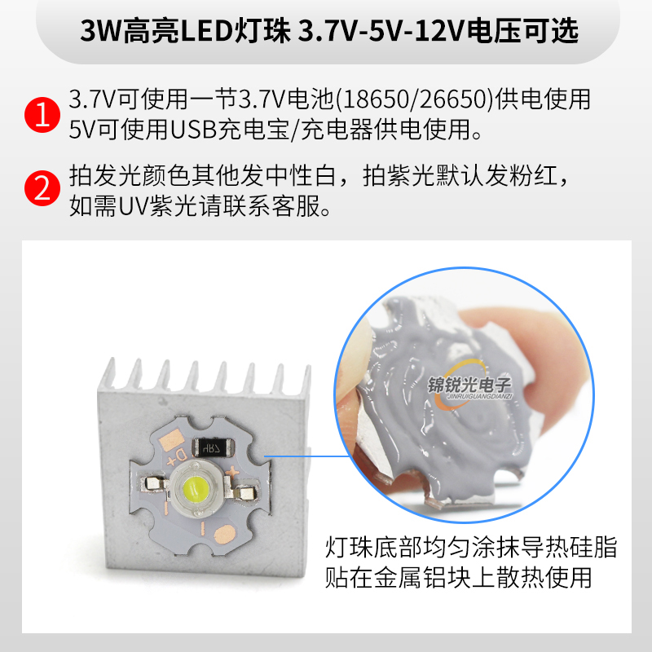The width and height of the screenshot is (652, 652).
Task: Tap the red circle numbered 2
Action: (41, 190)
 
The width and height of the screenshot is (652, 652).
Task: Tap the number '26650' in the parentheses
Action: (449, 100)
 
